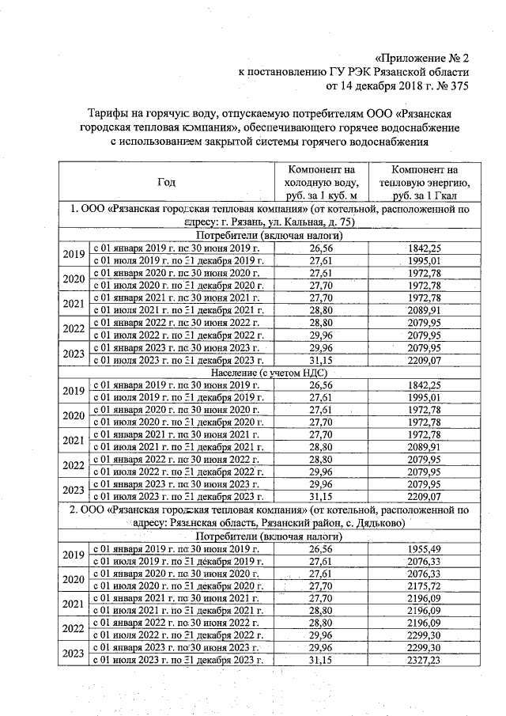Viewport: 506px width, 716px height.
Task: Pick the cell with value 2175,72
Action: click(424, 585)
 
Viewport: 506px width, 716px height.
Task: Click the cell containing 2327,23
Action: click(424, 659)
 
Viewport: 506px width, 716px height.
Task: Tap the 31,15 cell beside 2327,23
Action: click(320, 659)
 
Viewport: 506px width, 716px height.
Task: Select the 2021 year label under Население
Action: click(74, 440)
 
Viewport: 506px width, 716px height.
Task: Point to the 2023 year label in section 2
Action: click(74, 653)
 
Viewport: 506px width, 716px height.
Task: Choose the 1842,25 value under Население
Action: click(424, 385)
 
